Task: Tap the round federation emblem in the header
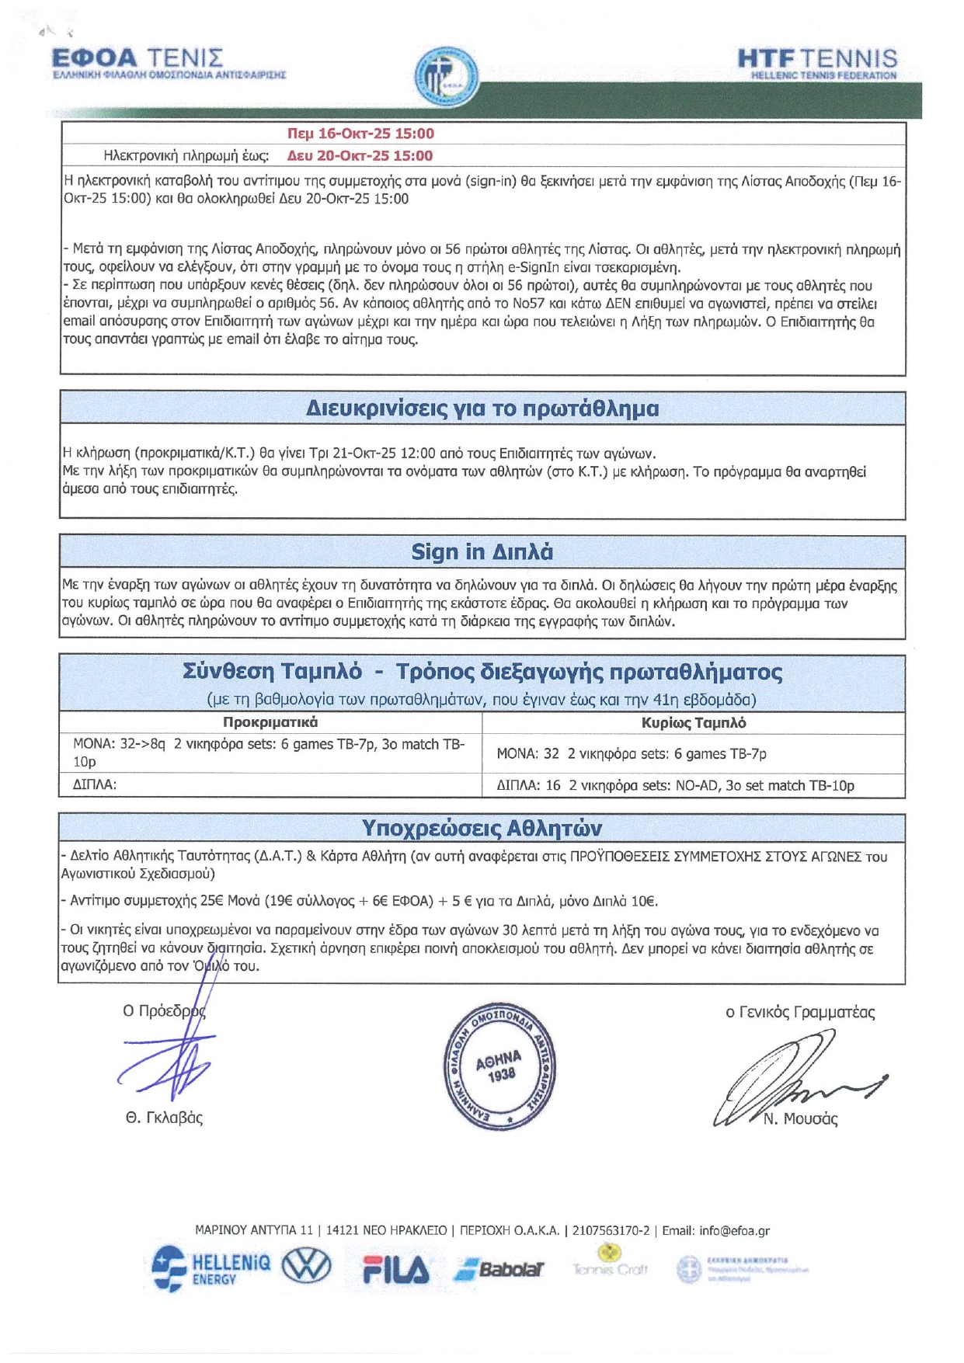(x=446, y=76)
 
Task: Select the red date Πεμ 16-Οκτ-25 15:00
(x=360, y=134)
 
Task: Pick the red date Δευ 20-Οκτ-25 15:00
(x=360, y=156)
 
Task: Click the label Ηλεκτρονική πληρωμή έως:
(x=186, y=156)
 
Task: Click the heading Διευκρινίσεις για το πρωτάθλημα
(x=482, y=409)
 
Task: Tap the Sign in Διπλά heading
(x=482, y=552)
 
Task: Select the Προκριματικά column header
(x=270, y=723)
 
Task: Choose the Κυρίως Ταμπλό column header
(x=693, y=723)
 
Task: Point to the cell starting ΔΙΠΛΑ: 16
(x=674, y=786)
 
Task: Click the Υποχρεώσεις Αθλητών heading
(x=482, y=829)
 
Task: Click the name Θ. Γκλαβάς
(x=164, y=1118)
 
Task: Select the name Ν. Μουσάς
(x=800, y=1119)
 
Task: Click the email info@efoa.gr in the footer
(x=734, y=1231)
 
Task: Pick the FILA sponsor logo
(x=395, y=1270)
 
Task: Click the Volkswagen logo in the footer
(x=306, y=1267)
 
